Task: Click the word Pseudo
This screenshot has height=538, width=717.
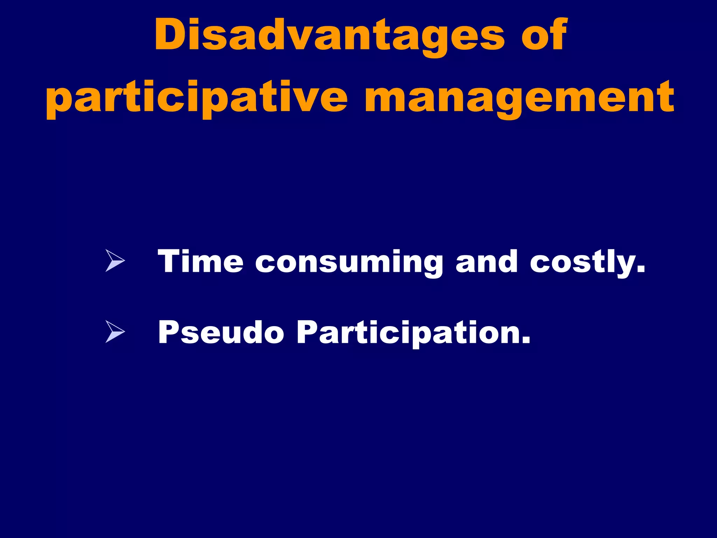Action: [221, 332]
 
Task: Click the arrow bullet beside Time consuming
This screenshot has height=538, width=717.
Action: [115, 261]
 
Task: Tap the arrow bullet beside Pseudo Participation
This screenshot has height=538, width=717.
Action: [115, 332]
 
